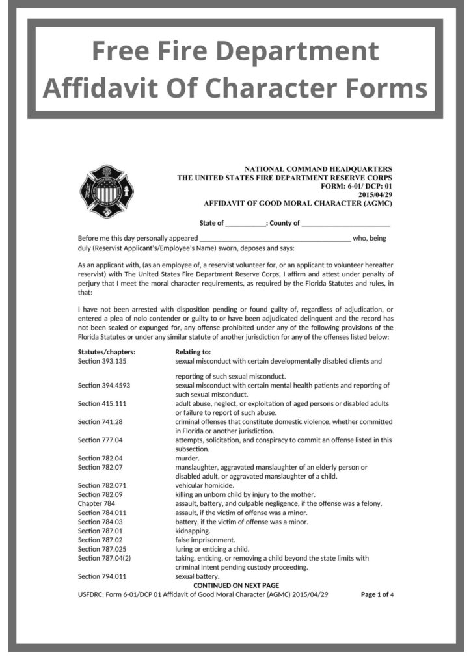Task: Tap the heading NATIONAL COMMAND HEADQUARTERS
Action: coord(318,169)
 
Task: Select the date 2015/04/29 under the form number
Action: coord(375,194)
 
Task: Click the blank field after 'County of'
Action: coord(346,224)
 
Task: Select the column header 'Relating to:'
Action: coord(193,352)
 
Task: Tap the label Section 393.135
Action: coord(102,360)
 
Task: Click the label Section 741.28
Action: coord(98,421)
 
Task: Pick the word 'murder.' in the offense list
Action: coord(187,458)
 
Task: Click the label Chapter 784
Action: coord(96,503)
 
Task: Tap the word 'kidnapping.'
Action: coord(193,531)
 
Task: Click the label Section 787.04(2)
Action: coord(105,558)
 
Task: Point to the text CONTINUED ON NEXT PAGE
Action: coord(236,585)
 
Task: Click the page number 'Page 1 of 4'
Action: coord(377,594)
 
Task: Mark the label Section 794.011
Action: coord(102,576)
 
